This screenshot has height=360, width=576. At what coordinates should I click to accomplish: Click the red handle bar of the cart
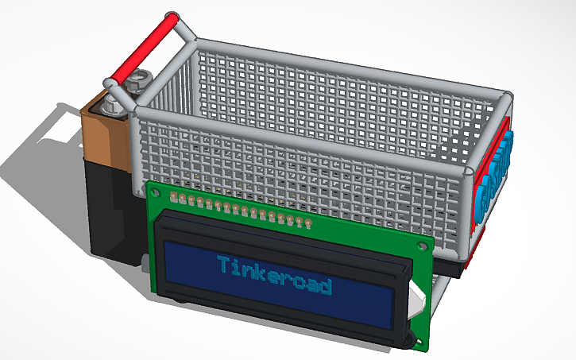tap(143, 48)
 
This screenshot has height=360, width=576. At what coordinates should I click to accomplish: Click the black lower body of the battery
tap(106, 207)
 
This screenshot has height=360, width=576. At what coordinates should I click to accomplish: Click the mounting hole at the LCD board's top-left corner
tap(156, 191)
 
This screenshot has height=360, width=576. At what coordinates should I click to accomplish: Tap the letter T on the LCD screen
tap(223, 264)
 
